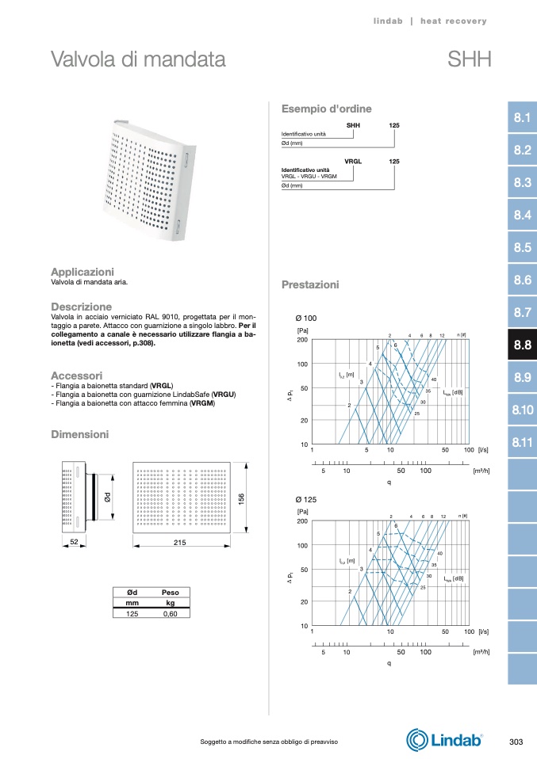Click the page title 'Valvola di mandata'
138,59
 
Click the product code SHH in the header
470,59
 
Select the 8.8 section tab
522,345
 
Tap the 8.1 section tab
522,118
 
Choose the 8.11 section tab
522,442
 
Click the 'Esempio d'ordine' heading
327,109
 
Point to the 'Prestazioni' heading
310,284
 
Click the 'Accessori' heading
76,375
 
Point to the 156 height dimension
242,498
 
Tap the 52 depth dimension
75,542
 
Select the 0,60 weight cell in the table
171,613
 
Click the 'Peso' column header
171,592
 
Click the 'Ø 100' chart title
306,318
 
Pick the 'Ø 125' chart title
306,500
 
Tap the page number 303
516,741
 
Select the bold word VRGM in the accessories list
202,403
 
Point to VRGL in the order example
353,161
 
